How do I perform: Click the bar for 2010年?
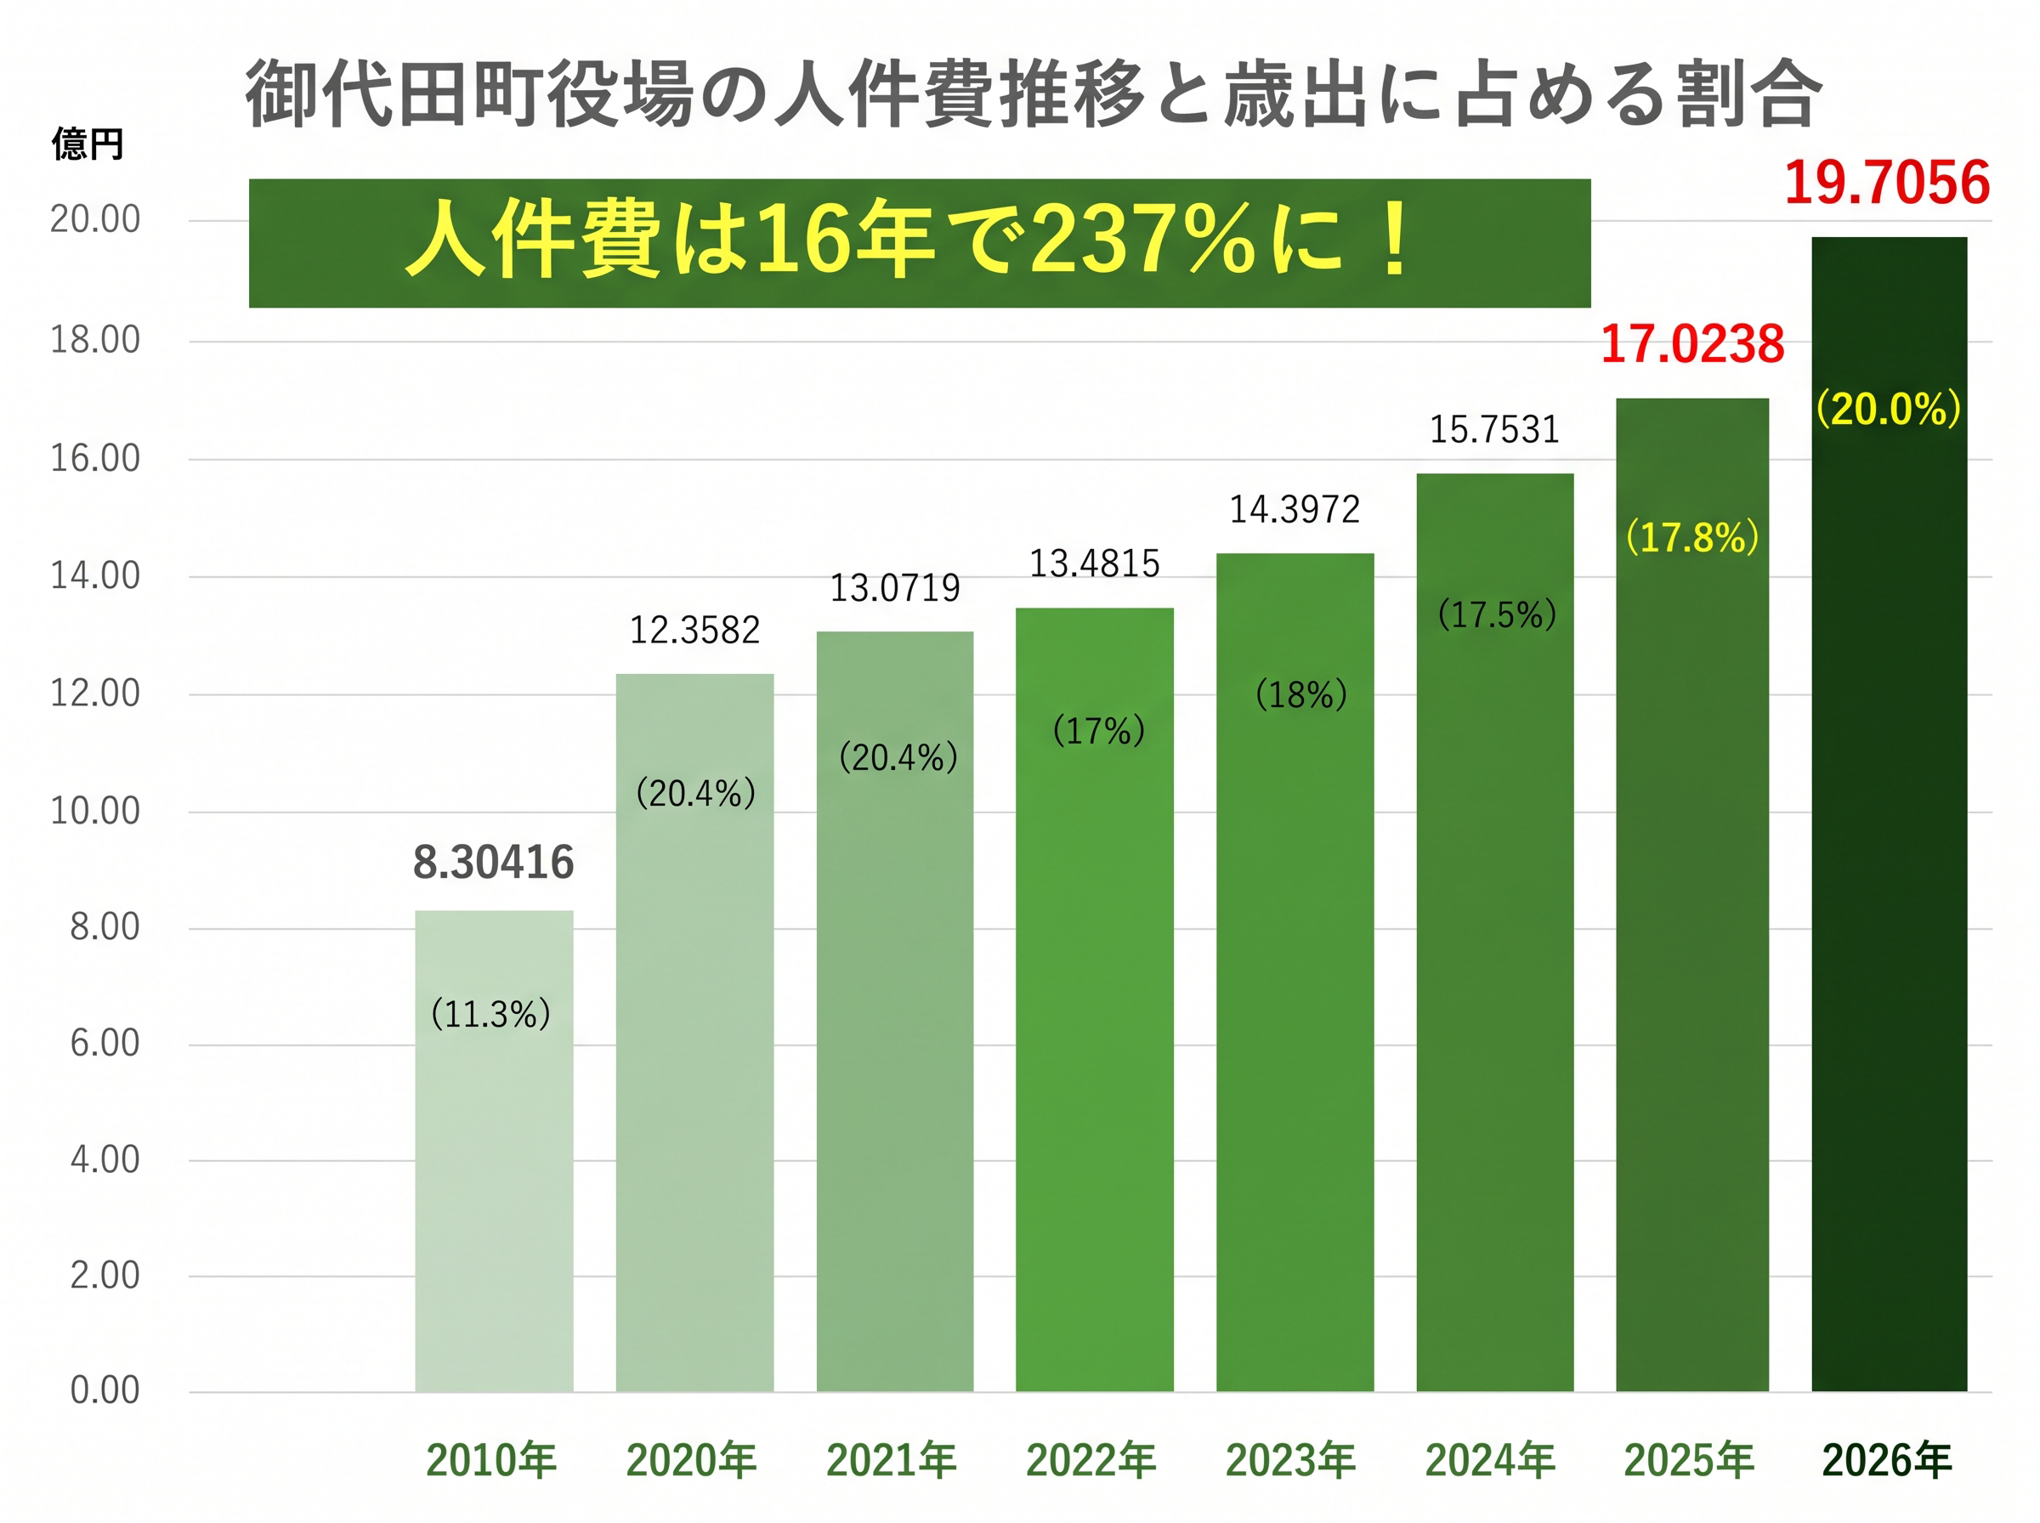click(493, 1151)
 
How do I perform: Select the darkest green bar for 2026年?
click(1888, 814)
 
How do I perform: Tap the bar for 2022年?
click(1094, 999)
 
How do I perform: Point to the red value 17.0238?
click(1691, 344)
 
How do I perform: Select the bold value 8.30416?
click(493, 862)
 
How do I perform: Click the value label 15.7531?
click(1493, 429)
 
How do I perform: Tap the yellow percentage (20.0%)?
click(1888, 409)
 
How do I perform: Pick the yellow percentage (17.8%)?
click(1691, 536)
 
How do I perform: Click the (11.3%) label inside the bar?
click(490, 1014)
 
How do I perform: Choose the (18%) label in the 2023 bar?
click(1300, 694)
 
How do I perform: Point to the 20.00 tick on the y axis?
click(95, 219)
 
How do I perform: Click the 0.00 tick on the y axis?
click(105, 1390)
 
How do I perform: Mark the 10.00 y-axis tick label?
click(95, 812)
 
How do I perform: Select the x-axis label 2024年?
click(1490, 1460)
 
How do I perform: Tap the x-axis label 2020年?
click(690, 1460)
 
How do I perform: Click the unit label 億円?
click(87, 144)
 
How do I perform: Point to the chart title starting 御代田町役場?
click(1034, 94)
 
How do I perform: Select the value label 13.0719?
click(894, 588)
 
